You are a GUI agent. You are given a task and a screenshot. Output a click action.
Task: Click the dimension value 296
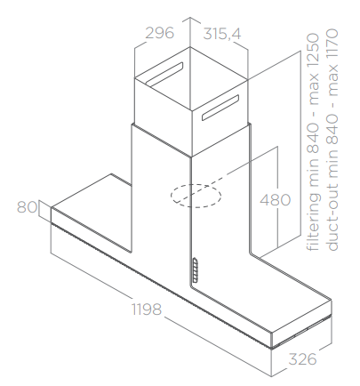point(159,33)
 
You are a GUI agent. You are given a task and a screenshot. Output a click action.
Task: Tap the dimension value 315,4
point(222,34)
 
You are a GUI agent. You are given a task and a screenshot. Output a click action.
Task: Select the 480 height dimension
point(276,200)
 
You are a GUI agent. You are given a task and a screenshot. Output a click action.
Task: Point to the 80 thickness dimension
point(27,207)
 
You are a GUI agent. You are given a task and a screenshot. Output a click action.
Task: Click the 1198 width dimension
point(147,310)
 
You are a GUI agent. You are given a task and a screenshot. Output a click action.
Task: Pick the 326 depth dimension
point(302,359)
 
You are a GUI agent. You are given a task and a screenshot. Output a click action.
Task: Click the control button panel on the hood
point(195,269)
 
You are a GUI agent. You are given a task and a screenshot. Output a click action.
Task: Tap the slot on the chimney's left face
point(164,73)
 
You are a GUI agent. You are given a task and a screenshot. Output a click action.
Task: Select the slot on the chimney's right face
point(220,108)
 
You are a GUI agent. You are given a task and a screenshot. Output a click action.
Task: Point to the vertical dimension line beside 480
point(277,197)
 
